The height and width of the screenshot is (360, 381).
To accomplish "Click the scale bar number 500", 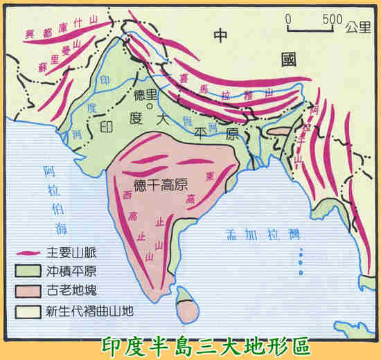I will (333, 17).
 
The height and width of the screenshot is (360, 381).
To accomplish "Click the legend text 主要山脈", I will (65, 253).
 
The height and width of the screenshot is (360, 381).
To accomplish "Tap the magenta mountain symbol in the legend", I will (28, 253).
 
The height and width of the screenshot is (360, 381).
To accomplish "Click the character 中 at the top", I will (221, 36).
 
